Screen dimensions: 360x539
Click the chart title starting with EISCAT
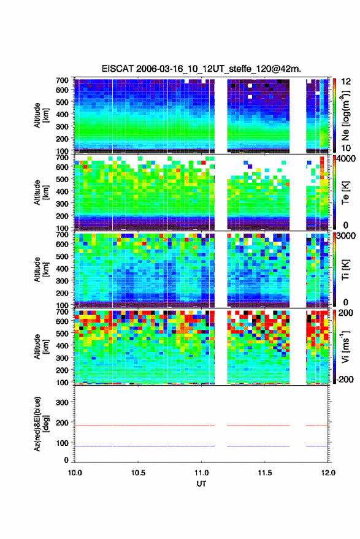pos(201,69)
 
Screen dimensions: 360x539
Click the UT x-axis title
pos(201,484)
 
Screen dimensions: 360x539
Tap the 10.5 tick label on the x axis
pos(138,473)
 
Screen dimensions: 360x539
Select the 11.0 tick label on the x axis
pos(201,473)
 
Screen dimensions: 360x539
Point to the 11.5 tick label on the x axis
pos(264,473)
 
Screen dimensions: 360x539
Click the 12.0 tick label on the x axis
pos(327,473)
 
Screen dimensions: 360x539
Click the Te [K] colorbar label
pos(345,193)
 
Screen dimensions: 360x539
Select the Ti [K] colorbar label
pos(345,270)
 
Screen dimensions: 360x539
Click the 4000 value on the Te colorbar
pos(347,159)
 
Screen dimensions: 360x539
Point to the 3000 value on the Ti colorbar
pos(347,236)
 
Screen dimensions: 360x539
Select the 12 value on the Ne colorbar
pos(346,82)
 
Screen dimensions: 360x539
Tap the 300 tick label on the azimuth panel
pos(62,402)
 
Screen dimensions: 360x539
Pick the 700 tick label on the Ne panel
pos(62,80)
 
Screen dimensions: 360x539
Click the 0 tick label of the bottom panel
pos(66,460)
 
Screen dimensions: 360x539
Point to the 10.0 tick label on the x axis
pos(75,473)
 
